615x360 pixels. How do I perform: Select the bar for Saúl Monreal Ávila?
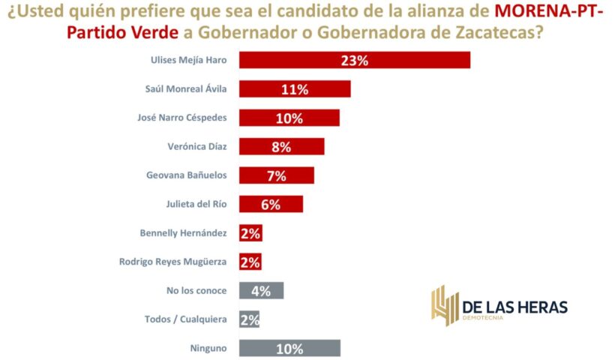coord(294,89)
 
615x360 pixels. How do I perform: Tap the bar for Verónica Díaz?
coord(281,147)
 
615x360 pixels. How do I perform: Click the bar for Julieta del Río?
coord(271,204)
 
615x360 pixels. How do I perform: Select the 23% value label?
coord(355,60)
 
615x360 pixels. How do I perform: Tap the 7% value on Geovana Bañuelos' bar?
coord(276,175)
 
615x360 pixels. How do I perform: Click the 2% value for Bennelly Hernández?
coord(250,233)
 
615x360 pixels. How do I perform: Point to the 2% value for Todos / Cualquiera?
coord(250,319)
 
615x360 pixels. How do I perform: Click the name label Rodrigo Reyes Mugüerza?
coord(172,262)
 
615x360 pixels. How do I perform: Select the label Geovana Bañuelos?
coord(186,175)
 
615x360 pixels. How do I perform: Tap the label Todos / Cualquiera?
coord(185,319)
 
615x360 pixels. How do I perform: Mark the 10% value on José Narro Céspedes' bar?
coord(289,118)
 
